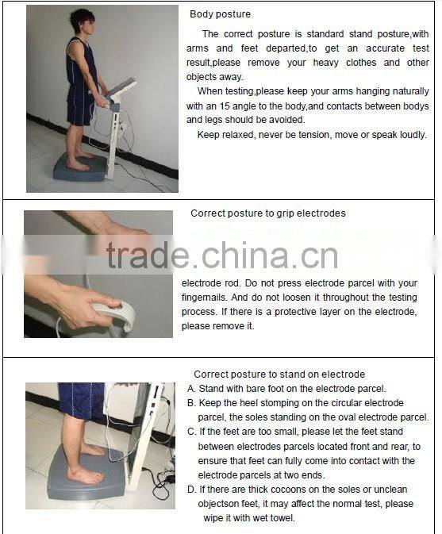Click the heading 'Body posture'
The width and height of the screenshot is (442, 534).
click(220, 14)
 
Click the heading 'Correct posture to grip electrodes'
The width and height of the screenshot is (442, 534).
click(267, 213)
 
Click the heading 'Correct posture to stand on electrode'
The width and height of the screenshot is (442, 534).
click(279, 374)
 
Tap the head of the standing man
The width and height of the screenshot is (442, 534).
click(82, 22)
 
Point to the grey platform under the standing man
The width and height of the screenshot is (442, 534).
click(79, 169)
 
